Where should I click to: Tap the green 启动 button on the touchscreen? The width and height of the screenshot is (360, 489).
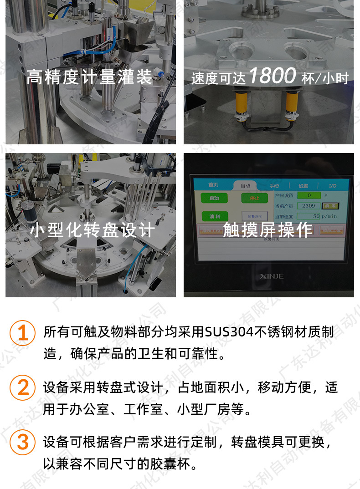[214, 199]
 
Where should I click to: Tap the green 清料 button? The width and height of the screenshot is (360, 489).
[214, 216]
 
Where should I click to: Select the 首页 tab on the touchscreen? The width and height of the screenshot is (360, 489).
[213, 185]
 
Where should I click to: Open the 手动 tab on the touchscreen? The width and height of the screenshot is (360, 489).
[274, 186]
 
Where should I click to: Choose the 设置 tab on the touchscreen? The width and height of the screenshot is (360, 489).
[303, 186]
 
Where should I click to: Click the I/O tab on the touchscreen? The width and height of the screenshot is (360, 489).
[333, 186]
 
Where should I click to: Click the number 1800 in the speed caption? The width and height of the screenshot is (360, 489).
[273, 76]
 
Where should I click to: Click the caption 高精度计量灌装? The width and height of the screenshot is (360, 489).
[89, 76]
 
